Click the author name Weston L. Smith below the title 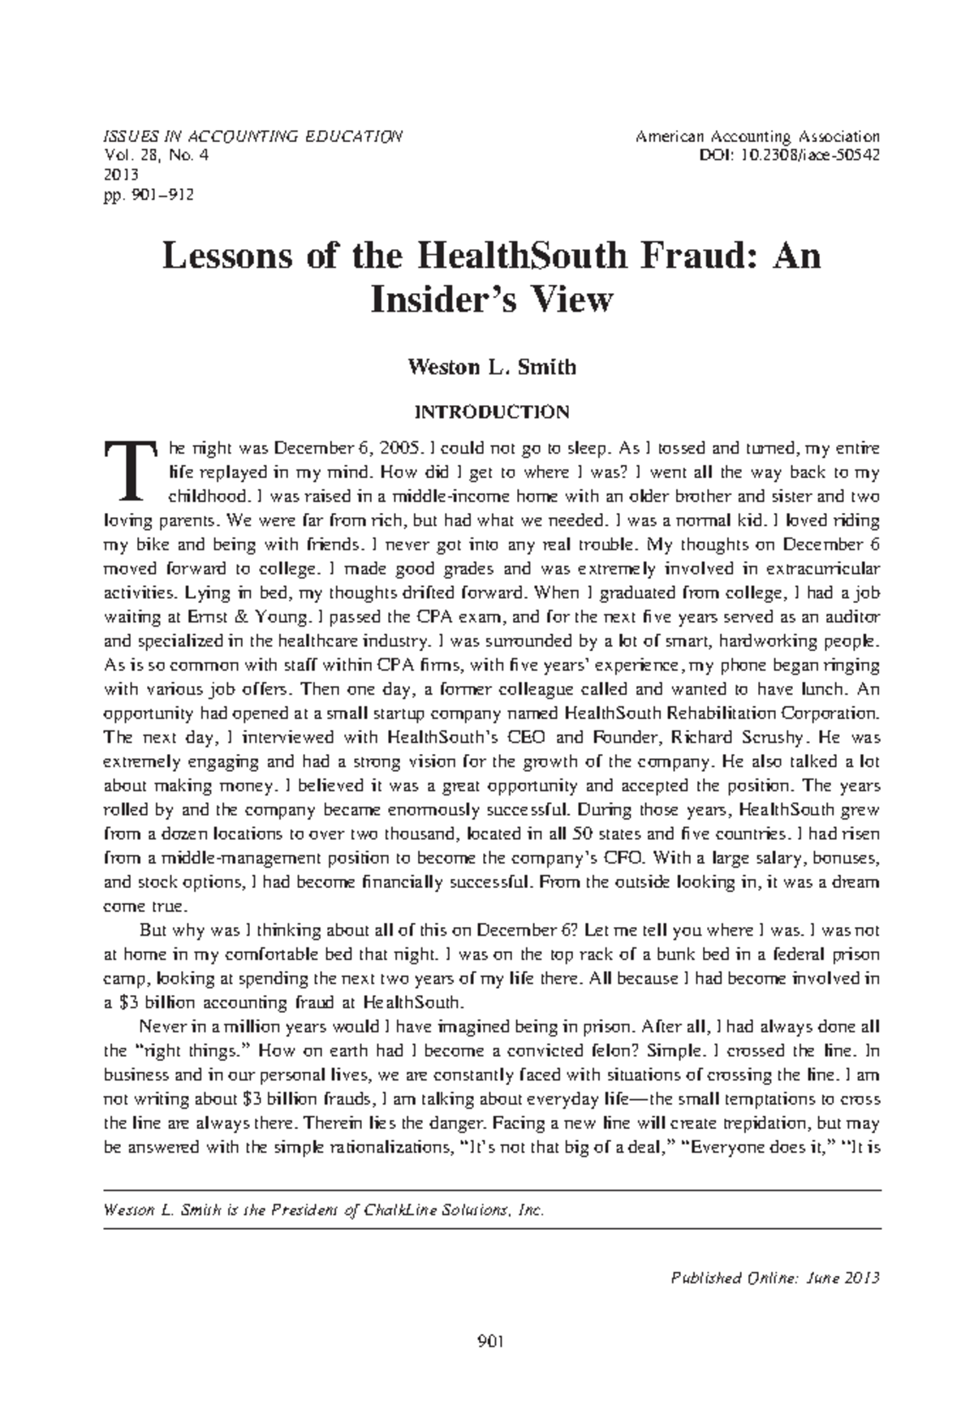coord(492,367)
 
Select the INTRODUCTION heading coord(492,412)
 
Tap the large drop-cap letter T coord(133,471)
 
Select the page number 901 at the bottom coord(492,1342)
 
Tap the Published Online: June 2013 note coord(776,1278)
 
